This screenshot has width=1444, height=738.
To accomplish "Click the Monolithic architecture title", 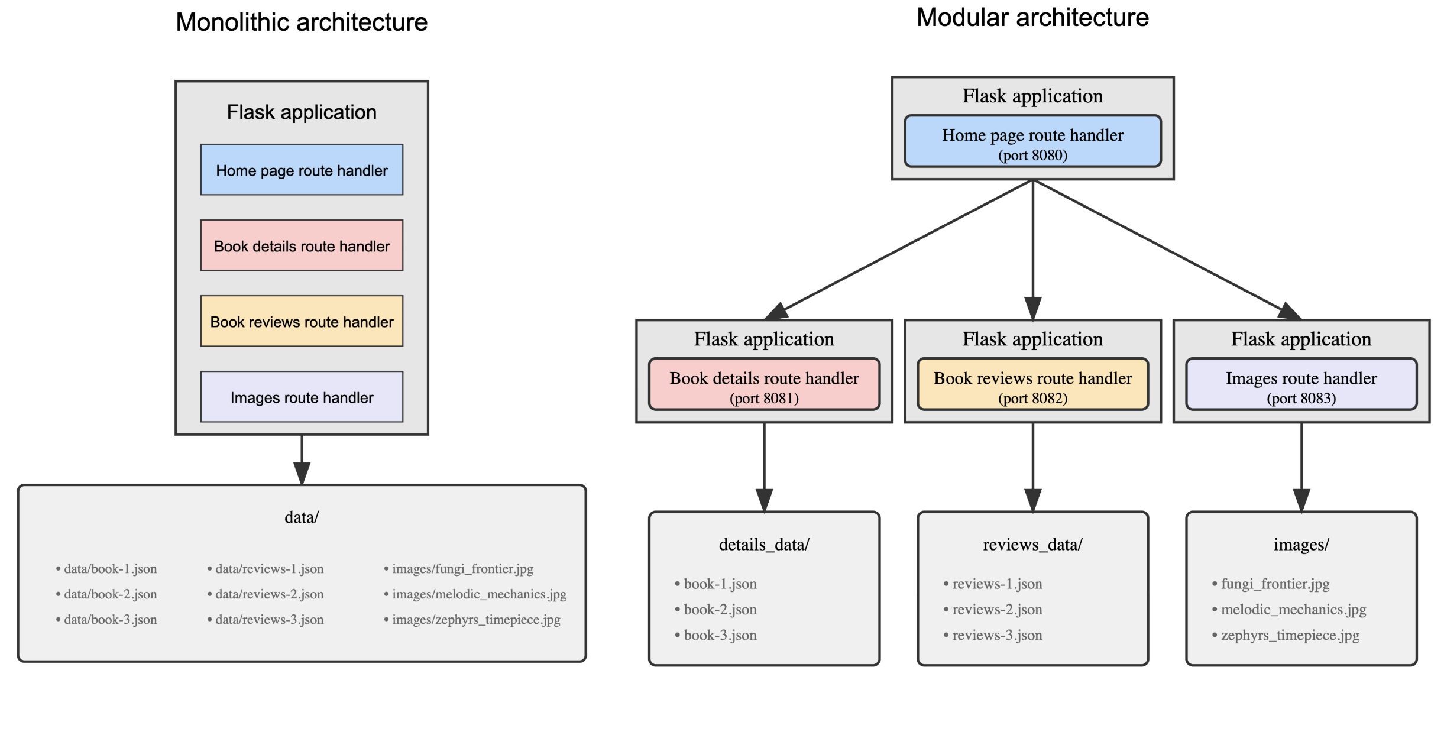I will point(302,22).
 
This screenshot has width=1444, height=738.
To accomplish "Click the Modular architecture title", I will point(1032,18).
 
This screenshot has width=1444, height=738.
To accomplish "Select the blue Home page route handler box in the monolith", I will point(302,170).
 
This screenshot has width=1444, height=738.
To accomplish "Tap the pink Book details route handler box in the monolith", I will point(302,246).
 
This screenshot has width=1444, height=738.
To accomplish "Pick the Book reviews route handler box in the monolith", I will point(302,322).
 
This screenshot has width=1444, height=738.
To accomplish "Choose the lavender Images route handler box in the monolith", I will point(302,397).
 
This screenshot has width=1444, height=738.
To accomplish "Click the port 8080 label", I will point(1032,156).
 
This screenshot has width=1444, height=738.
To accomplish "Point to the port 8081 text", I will point(764,399).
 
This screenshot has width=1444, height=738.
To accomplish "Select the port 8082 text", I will point(1032,399).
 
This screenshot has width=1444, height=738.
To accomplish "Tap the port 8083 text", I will point(1301,399).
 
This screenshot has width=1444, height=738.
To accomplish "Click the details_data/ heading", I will point(764,545).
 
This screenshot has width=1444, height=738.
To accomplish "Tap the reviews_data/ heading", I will point(1032,545).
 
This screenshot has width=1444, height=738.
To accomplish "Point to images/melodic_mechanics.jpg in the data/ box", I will point(478,594).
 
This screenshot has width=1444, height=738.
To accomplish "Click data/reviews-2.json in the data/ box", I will point(269,594).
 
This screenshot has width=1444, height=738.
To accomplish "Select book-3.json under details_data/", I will point(720,636).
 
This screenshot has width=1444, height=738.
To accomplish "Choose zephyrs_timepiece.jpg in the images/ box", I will point(1290,636).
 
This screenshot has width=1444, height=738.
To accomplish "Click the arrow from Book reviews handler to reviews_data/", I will point(1032,467).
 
